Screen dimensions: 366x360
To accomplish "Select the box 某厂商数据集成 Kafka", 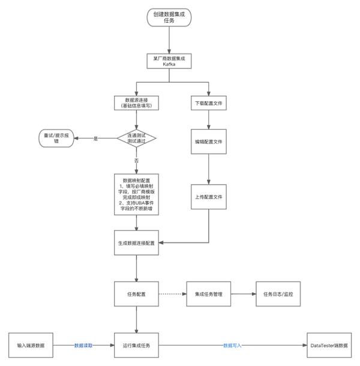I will click(170, 61).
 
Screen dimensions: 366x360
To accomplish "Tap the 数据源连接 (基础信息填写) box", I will click(137, 103).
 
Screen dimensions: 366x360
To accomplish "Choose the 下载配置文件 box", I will click(209, 103).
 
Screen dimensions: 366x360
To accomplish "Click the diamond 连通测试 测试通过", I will click(137, 138).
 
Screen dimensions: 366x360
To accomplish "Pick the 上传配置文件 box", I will click(209, 197).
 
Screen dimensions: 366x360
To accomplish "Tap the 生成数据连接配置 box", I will click(137, 242).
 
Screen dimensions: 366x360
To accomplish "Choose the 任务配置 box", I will click(137, 294).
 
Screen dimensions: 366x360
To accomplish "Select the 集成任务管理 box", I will click(209, 294).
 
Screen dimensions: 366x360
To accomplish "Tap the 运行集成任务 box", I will click(137, 346).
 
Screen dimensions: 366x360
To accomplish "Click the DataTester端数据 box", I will click(329, 346).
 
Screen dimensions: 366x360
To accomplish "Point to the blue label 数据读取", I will click(85, 346).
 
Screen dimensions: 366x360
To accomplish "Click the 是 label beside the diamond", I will click(95, 138).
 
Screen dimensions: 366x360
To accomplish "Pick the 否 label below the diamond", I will click(136, 161).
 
